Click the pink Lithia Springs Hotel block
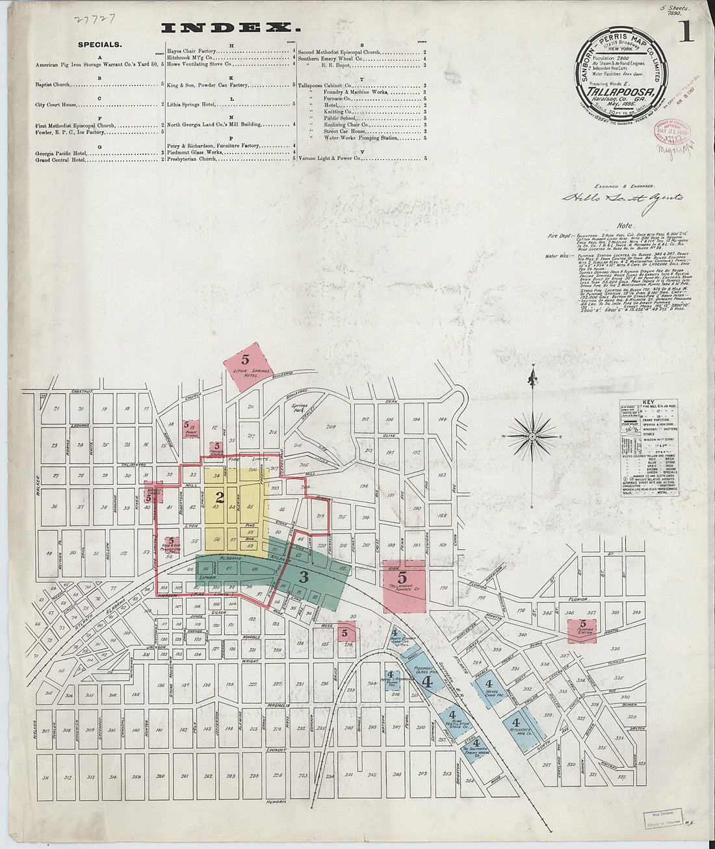[246, 366]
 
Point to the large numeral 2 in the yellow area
[220, 498]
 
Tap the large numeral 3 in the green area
[304, 576]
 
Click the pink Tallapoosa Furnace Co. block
[404, 586]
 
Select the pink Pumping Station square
[582, 630]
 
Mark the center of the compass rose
[532, 435]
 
